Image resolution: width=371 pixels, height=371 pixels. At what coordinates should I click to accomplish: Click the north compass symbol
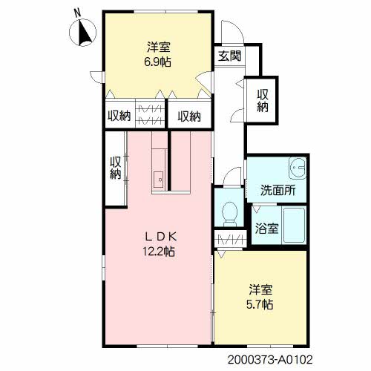[82, 33]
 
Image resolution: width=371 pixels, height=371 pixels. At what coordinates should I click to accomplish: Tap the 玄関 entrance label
[229, 56]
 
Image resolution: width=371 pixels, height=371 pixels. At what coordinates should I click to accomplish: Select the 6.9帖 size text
[158, 62]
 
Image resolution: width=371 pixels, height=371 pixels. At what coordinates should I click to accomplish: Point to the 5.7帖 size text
[260, 304]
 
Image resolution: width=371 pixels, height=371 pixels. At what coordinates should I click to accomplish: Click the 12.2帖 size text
[159, 252]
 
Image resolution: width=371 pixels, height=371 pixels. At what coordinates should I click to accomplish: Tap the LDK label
[160, 237]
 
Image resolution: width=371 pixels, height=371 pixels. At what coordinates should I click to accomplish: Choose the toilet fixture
[230, 214]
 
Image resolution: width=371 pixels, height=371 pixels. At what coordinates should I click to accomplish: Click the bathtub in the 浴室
[294, 225]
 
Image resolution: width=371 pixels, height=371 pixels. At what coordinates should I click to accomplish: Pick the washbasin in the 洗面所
[298, 168]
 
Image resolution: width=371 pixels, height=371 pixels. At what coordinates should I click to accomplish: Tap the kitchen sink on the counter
[158, 180]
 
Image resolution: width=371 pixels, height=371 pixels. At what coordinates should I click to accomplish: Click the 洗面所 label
[278, 191]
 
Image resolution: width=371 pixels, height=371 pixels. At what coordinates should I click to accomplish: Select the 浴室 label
[266, 229]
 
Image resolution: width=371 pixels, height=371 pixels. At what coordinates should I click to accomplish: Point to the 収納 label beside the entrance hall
[263, 101]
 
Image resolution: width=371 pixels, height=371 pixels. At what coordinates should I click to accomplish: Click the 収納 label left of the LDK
[115, 168]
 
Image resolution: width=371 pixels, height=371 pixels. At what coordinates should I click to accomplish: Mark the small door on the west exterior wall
[96, 77]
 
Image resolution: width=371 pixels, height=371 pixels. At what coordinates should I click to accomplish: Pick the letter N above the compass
[78, 13]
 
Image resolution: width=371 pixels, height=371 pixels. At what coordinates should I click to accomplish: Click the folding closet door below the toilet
[230, 239]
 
